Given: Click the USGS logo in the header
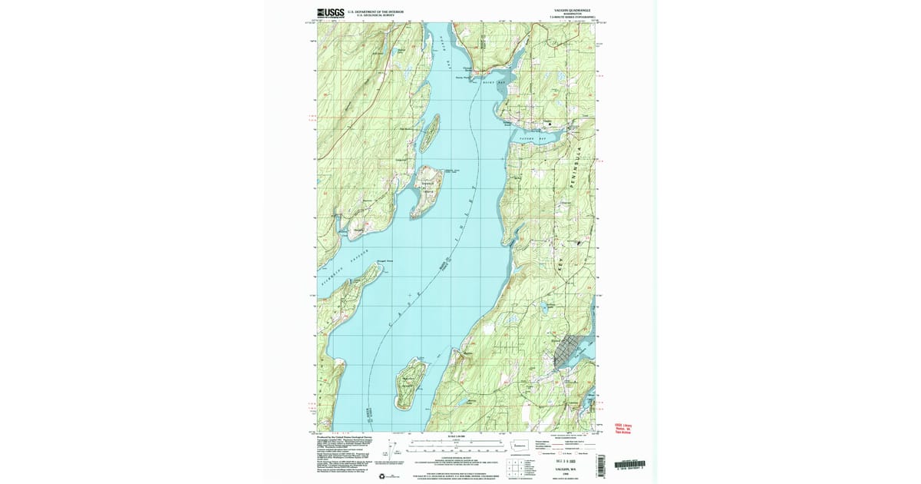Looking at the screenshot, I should tap(330, 12).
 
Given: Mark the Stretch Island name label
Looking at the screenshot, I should tap(427, 183).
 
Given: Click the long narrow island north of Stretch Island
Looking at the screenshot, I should tap(430, 131).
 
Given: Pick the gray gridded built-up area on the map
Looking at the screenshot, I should tap(570, 353).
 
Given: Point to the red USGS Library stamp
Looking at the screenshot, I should tap(622, 426).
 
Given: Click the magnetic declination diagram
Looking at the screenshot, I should tap(394, 447).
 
